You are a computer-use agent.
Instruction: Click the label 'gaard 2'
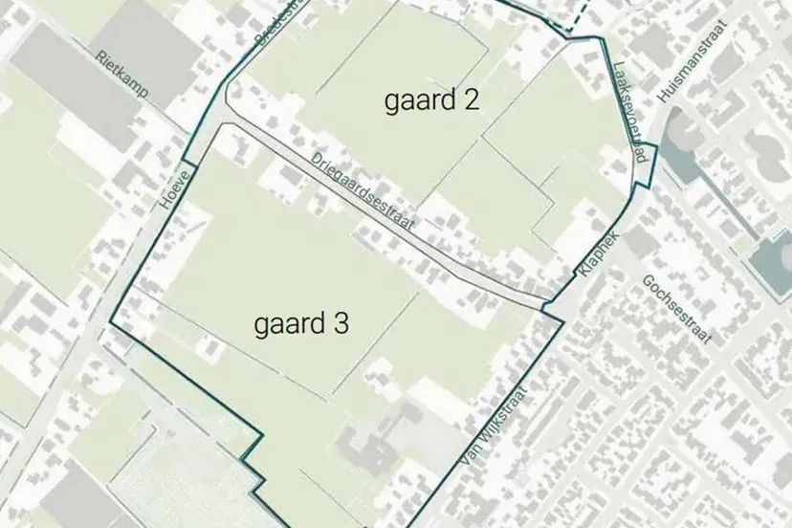coord(431,101)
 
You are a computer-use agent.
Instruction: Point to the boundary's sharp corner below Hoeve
coord(111,323)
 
